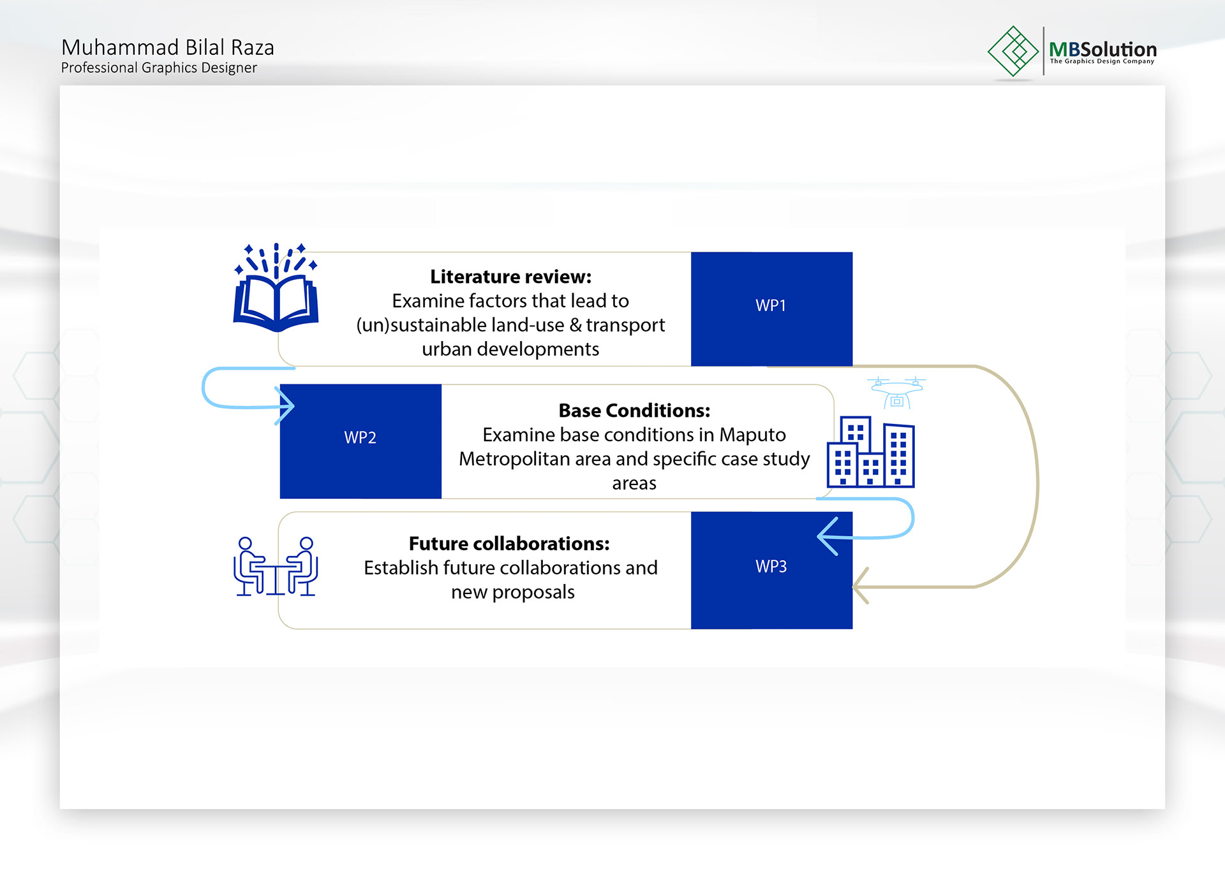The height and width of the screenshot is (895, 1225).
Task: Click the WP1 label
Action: point(771,305)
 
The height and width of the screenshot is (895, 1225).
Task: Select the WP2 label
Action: point(360,437)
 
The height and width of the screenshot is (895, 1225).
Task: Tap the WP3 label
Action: point(771,566)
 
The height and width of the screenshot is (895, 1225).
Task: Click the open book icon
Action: point(276,287)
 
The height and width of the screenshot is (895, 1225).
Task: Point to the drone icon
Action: point(896,392)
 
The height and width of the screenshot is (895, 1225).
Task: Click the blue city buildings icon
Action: point(871,452)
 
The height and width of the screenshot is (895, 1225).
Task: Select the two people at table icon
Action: point(276,566)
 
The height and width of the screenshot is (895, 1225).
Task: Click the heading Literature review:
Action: point(510,277)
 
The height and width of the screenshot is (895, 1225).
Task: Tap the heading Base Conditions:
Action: point(634,411)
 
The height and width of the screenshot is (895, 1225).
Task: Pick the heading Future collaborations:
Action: point(509,544)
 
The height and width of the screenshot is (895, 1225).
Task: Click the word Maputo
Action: point(753,435)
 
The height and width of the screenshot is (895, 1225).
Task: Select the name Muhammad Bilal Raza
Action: point(168,47)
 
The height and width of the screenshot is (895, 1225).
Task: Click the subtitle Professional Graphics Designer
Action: point(159,68)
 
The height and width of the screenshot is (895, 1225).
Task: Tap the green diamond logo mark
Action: point(1013,51)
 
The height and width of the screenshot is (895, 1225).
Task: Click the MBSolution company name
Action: point(1102,49)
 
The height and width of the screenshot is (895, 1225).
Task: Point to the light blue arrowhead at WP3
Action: point(828,537)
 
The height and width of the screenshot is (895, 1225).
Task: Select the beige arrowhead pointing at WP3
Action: point(861,585)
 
